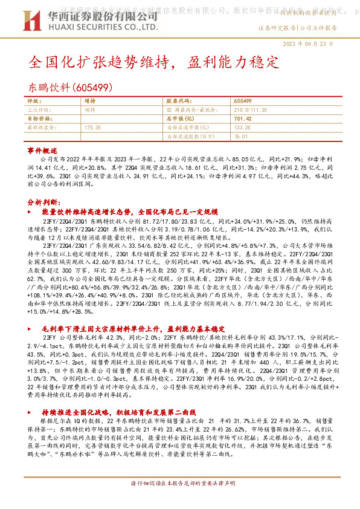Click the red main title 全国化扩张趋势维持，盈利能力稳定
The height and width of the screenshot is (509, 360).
154,62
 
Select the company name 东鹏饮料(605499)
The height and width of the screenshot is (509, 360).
64,86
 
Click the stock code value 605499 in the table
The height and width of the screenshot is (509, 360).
242,101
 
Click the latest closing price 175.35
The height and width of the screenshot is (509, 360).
93,128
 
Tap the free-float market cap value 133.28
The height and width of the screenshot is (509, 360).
242,128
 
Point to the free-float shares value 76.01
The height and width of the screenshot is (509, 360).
240,137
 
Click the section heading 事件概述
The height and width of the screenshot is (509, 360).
42,149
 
